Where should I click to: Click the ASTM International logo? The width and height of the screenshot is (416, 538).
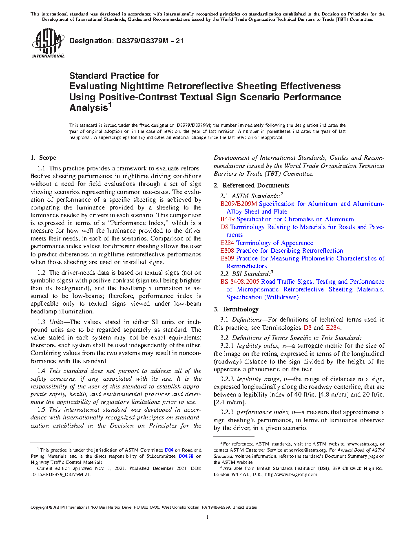48,43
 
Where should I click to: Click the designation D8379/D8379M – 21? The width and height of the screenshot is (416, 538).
126,41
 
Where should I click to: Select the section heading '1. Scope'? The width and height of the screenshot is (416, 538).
43,158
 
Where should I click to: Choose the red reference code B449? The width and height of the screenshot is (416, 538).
227,219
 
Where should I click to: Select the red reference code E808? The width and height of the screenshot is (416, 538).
227,251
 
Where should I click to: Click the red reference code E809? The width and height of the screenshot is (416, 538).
227,258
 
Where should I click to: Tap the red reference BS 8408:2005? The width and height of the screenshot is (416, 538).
240,282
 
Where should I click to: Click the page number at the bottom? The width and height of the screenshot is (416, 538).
208,517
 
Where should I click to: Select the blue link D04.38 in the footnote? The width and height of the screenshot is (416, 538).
186,456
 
